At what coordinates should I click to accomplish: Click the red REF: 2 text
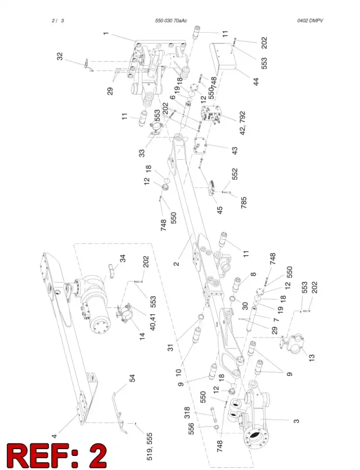(57, 455)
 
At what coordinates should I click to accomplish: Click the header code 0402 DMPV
(310, 21)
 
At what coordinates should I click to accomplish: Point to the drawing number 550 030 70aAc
(171, 21)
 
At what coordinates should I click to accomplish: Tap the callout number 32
(60, 56)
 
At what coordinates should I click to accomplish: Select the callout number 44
(256, 82)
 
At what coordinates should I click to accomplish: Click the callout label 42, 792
(242, 123)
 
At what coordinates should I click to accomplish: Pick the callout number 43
(234, 150)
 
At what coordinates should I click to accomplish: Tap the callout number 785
(244, 203)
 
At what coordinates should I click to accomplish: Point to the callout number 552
(234, 174)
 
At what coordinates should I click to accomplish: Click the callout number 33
(142, 153)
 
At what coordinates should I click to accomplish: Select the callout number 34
(123, 258)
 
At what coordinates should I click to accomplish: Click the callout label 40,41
(152, 321)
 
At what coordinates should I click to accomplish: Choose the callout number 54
(132, 378)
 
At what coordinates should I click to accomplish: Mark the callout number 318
(187, 413)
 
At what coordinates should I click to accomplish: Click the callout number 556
(191, 429)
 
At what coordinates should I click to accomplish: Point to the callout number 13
(312, 357)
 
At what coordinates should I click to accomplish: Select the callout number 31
(170, 348)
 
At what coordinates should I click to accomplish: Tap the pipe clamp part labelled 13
(292, 344)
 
